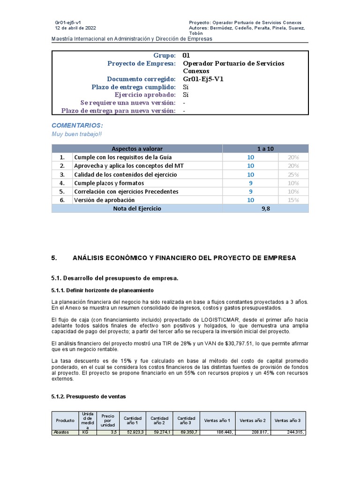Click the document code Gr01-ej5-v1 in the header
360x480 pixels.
[68, 22]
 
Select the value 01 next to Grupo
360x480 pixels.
[186, 55]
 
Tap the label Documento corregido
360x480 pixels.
[141, 79]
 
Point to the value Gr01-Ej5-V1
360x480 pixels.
[203, 79]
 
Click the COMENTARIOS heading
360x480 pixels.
[77, 126]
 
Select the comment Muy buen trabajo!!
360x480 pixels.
[76, 134]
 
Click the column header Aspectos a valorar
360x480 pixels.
[137, 149]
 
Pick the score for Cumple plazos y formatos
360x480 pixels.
[251, 183]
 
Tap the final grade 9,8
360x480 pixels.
[266, 209]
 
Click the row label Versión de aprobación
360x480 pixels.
[104, 200]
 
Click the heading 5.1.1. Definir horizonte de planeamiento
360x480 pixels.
[102, 290]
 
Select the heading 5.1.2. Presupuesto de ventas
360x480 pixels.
[88, 396]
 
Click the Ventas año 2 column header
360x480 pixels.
[253, 420]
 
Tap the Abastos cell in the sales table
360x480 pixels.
[61, 432]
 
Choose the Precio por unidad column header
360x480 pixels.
[108, 420]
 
